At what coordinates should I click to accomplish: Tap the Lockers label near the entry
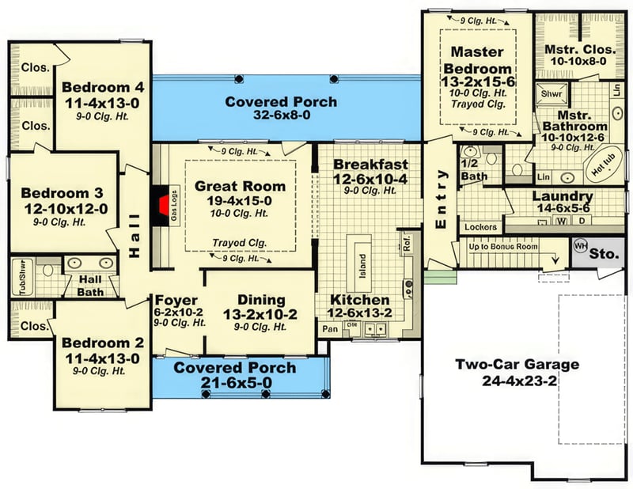[x=479, y=227]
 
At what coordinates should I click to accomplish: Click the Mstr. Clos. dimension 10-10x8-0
[x=576, y=61]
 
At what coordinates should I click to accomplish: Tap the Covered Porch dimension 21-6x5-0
[x=235, y=383]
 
